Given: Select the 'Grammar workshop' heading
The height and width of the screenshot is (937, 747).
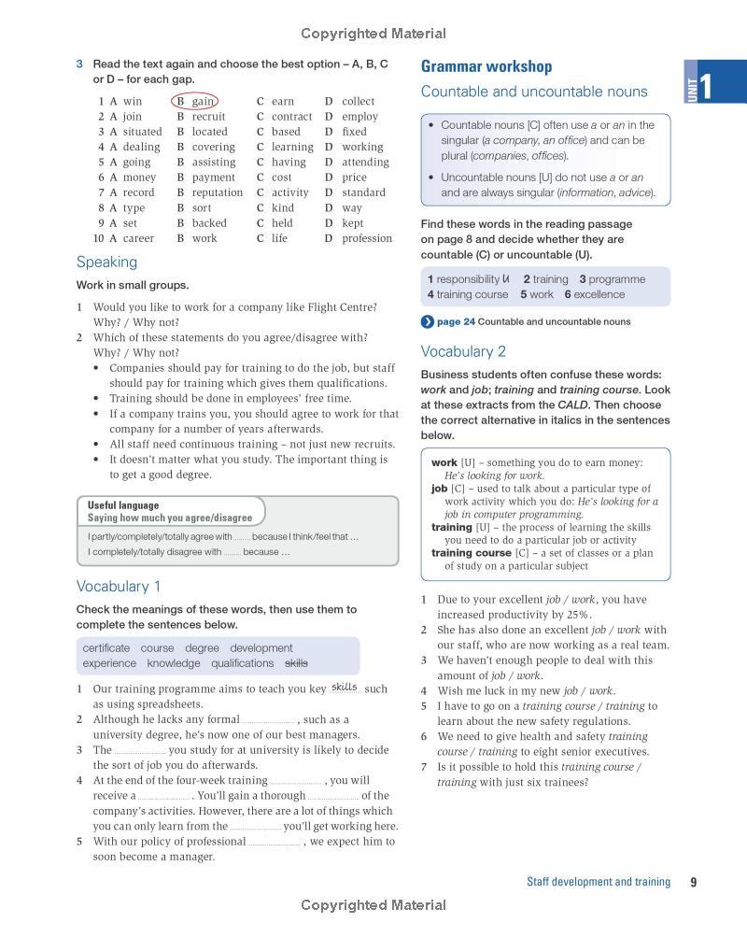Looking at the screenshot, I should coord(486,66).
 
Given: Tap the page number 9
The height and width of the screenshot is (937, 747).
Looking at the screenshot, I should coord(693,882).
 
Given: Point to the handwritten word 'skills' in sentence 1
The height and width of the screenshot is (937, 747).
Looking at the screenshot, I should coord(345,687).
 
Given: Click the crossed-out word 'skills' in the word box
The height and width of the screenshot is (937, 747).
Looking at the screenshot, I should coord(296,663).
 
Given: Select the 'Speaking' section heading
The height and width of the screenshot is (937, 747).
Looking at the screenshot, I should coord(106,263).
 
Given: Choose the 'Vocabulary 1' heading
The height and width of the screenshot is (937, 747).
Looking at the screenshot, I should coord(119,587).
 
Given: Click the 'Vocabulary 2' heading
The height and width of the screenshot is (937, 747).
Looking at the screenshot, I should coord(463,352).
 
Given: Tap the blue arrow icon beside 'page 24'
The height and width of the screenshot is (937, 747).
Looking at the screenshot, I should coord(427,322).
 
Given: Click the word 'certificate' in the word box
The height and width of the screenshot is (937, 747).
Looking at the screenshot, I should coord(106,648).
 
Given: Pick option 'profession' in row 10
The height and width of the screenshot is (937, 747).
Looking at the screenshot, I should coord(367,238).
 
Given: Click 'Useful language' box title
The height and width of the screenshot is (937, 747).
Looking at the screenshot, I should coord(123,505).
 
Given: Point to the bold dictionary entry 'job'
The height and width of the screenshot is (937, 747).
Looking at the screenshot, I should coord(439,489).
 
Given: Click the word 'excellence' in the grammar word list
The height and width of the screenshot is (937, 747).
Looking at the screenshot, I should coord(599,294).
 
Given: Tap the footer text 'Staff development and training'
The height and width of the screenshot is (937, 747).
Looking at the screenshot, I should coord(599,882).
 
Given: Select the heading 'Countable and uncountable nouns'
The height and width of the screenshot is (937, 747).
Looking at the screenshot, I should coord(533,92).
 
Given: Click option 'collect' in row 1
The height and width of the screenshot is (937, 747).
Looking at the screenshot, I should coord(358,101).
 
